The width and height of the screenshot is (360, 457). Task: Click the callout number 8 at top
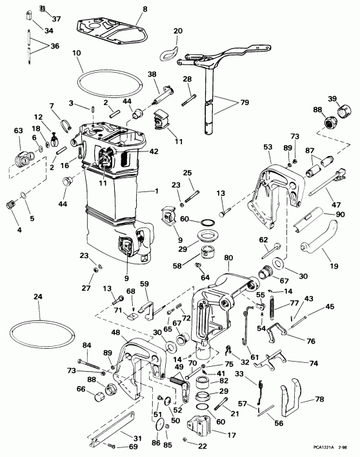145,8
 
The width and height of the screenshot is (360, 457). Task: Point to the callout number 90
339,214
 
